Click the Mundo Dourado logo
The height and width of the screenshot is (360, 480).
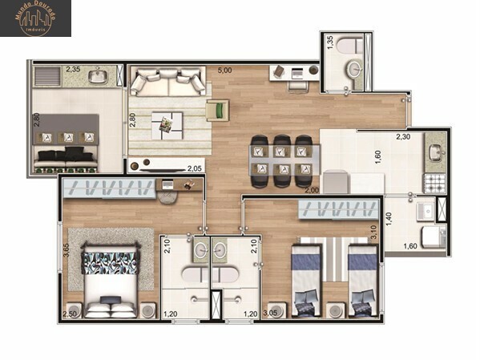35,18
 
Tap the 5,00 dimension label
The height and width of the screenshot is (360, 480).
226,71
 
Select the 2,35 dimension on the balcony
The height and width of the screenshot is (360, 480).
73,70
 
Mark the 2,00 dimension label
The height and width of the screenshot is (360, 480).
311,190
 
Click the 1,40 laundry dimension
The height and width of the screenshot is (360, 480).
389,217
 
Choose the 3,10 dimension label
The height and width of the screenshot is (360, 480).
373,232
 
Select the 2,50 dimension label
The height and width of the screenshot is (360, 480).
71,313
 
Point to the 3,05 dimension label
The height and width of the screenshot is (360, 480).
272,313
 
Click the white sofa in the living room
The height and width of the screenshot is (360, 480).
168,82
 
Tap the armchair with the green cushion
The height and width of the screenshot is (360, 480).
216,110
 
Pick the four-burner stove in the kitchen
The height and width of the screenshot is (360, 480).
434,182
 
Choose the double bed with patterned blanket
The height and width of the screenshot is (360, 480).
111,284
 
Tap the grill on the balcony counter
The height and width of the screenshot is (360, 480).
49,79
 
